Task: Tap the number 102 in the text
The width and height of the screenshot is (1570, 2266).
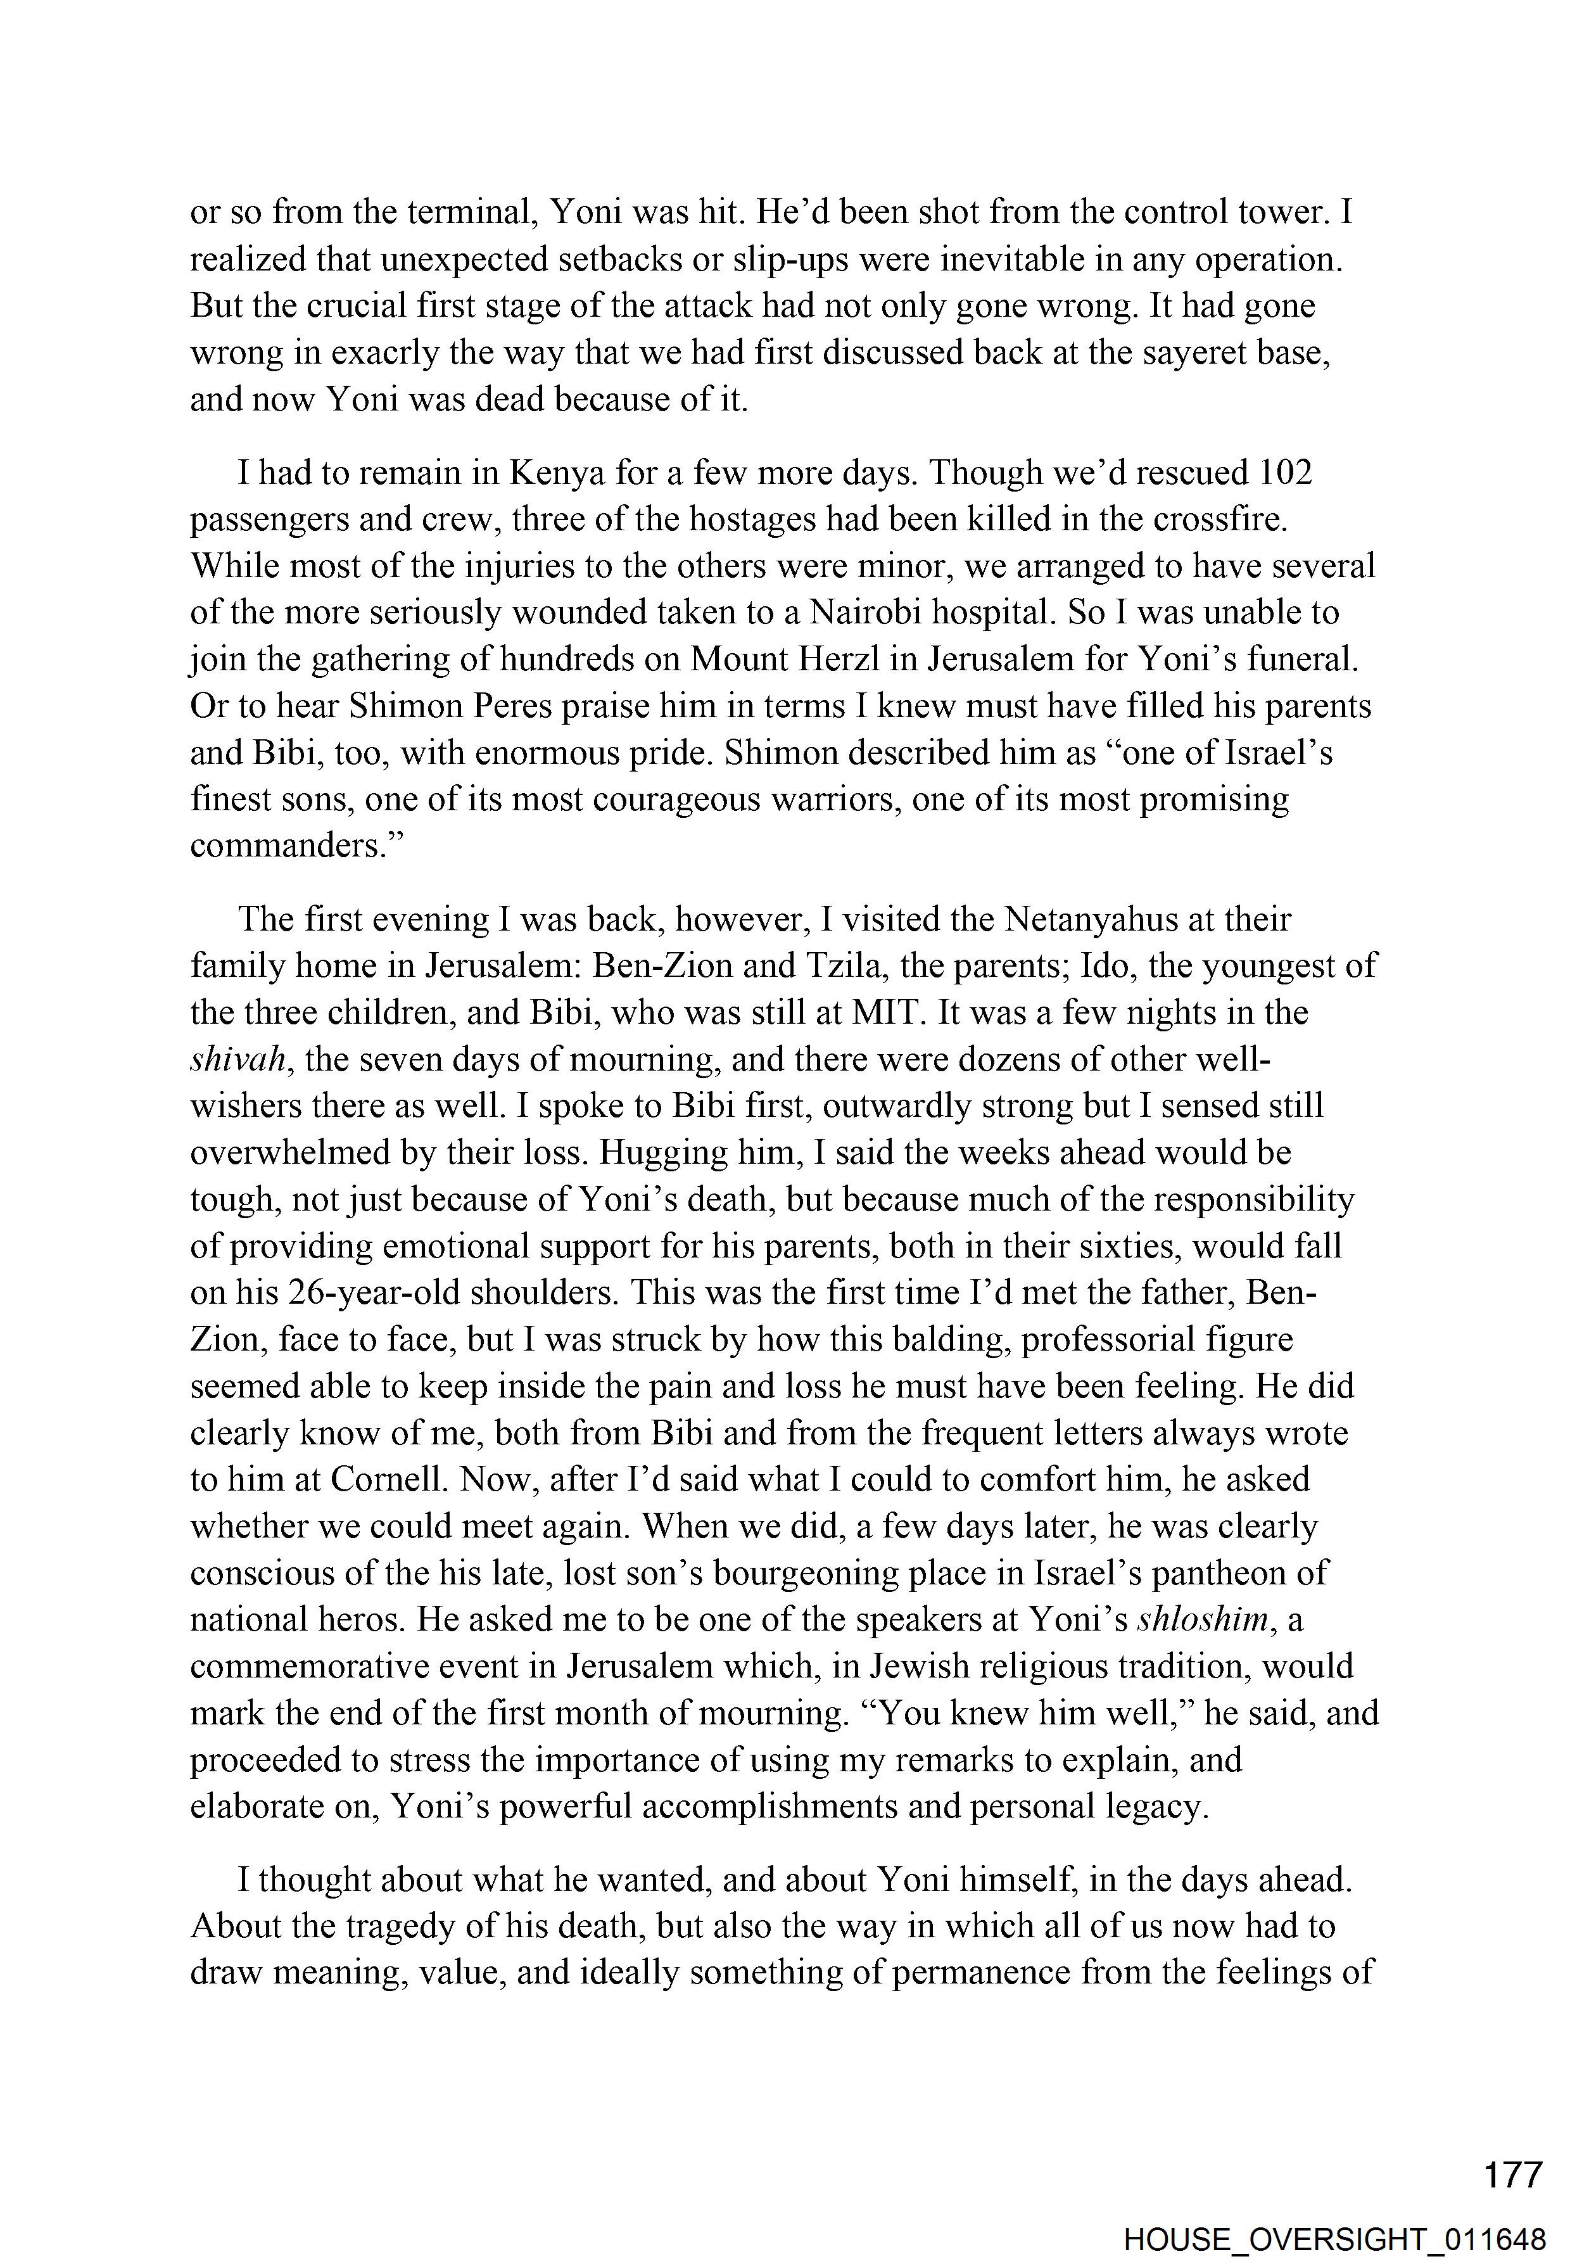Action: (1286, 473)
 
